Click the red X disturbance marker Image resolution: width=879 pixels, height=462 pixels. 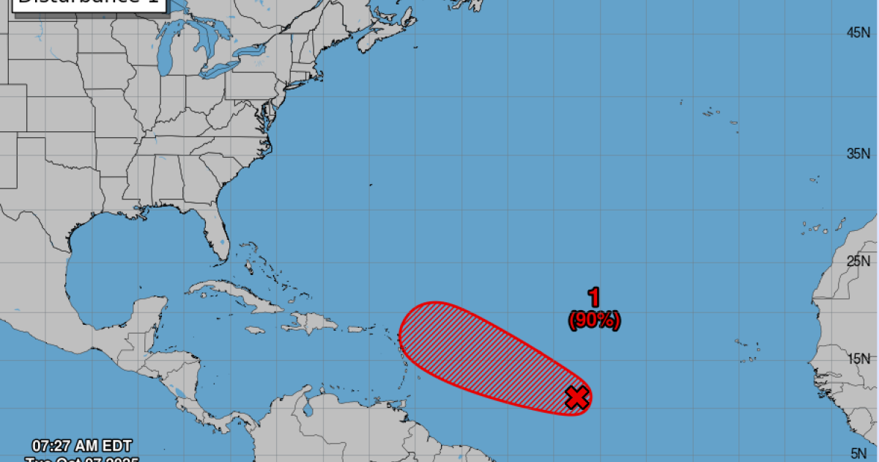[577, 397]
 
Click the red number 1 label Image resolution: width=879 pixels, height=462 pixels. [594, 298]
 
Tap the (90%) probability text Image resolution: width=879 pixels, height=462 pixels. [594, 320]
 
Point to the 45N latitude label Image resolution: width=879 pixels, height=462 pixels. [857, 32]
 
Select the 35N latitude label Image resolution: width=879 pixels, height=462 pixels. [857, 154]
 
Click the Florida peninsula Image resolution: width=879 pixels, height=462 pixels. [215, 235]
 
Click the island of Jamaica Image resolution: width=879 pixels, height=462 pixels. [255, 331]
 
